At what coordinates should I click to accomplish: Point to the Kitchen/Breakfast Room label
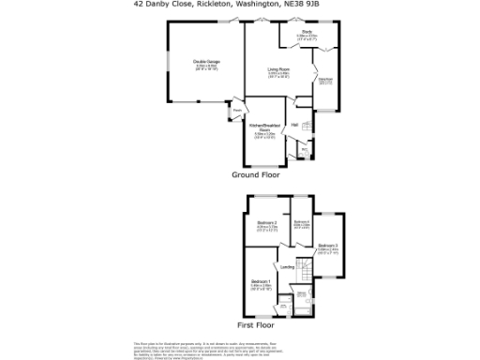point(263,127)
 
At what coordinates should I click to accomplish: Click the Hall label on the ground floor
point(294,125)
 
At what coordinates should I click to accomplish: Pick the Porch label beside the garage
point(236,109)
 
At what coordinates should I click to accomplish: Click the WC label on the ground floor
point(303,148)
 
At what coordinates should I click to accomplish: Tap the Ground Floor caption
point(256,174)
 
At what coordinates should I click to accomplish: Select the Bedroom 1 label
point(261,281)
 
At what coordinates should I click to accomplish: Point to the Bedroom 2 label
point(268,222)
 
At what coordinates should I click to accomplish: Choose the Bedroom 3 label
point(327,245)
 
